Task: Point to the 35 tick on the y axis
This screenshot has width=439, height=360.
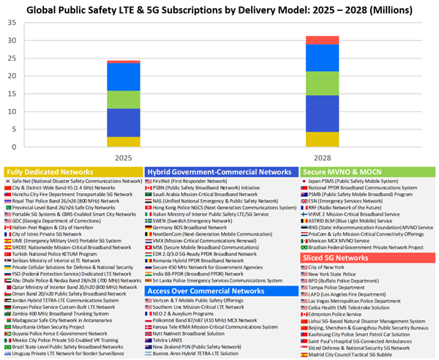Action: (11, 23)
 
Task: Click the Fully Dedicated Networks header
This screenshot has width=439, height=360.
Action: (50, 172)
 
